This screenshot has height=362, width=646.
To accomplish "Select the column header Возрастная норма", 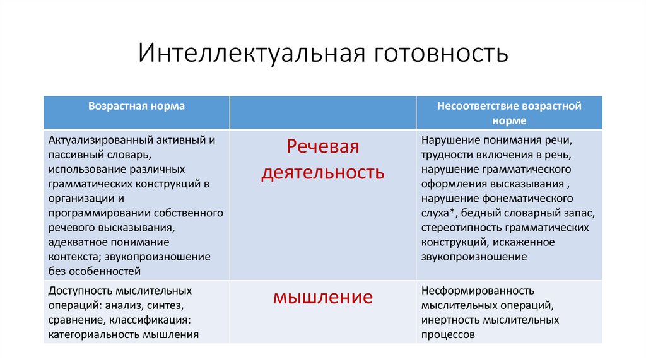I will pyautogui.click(x=136, y=106).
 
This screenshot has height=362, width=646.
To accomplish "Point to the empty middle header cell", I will pyautogui.click(x=322, y=112).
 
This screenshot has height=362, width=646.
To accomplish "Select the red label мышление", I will pyautogui.click(x=322, y=297).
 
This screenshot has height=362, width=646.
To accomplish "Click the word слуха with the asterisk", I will pyautogui.click(x=436, y=213).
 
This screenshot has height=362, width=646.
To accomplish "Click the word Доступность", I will pyautogui.click(x=78, y=291).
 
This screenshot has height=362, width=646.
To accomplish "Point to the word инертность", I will pyautogui.click(x=450, y=320).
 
